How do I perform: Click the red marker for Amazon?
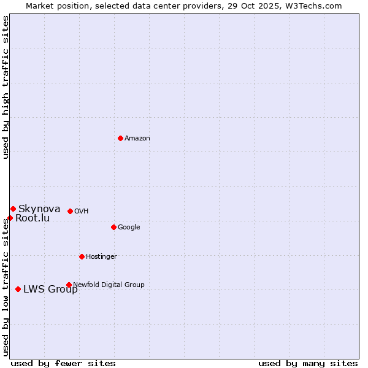tap(120, 138)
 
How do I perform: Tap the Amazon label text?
tap(137, 139)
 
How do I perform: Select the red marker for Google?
tap(113, 227)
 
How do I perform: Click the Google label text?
tap(129, 228)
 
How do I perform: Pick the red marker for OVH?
tap(70, 211)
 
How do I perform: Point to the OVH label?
tap(82, 212)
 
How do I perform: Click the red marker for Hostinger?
tap(82, 256)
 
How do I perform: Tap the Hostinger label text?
tap(101, 257)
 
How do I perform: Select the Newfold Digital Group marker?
tap(69, 285)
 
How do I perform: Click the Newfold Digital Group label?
tap(109, 285)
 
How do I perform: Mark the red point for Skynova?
tap(13, 209)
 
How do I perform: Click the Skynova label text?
tap(39, 209)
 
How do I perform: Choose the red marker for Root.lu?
tap(10, 218)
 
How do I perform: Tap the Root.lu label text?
tap(33, 218)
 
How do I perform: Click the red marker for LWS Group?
tap(18, 289)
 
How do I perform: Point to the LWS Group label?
tap(50, 289)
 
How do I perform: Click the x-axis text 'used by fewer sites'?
tap(63, 363)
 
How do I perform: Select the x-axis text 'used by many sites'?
tap(308, 363)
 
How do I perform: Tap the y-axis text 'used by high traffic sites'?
tap(6, 87)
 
